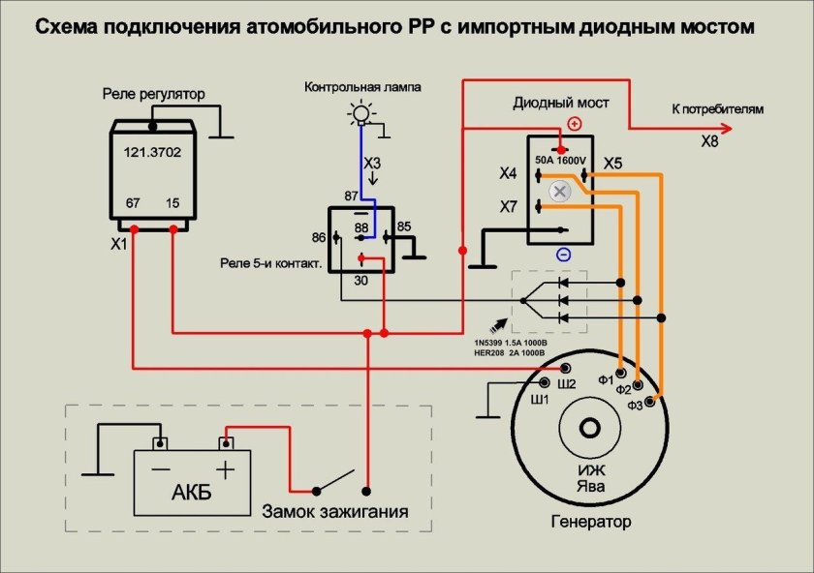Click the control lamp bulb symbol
(x=360, y=115)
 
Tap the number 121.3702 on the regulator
(x=152, y=152)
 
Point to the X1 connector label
(x=119, y=245)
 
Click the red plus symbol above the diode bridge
(x=574, y=124)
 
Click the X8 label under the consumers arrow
(x=710, y=141)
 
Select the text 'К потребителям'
(x=717, y=109)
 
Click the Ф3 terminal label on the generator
(x=636, y=405)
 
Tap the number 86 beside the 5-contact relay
(x=318, y=236)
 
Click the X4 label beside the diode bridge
(x=508, y=174)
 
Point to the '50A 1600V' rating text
(x=562, y=160)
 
